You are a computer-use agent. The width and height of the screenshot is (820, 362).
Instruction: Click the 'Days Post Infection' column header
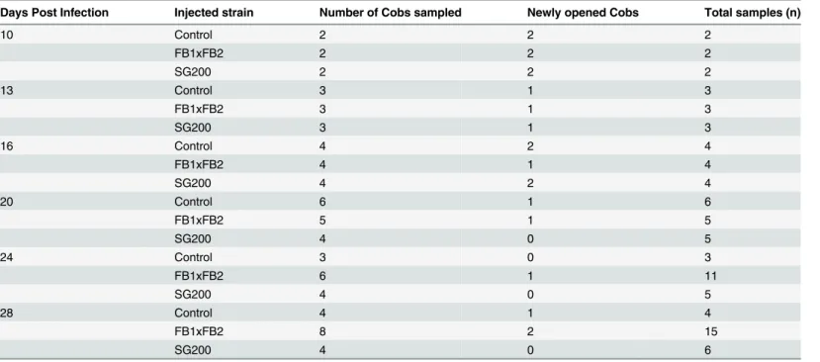[54, 13]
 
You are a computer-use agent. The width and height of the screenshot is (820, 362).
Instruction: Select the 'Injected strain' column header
[214, 13]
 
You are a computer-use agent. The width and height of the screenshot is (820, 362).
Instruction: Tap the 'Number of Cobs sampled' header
[391, 13]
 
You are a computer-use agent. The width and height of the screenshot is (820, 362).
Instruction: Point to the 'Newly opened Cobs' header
[583, 13]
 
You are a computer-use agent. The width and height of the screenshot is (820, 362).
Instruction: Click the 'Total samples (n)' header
[753, 13]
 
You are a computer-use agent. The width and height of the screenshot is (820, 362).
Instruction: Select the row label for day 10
[6, 35]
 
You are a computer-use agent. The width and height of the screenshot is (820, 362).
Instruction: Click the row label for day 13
[6, 91]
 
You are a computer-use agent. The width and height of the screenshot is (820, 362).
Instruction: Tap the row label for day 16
[6, 146]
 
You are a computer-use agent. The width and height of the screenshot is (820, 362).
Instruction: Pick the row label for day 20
[6, 202]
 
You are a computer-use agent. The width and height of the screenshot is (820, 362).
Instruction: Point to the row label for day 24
[6, 257]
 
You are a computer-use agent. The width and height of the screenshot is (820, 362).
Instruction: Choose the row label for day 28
[6, 313]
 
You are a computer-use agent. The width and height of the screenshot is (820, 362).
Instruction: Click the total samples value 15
[711, 331]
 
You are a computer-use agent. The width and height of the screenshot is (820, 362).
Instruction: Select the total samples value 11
[711, 276]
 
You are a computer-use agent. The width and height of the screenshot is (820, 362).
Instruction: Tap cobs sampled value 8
[322, 331]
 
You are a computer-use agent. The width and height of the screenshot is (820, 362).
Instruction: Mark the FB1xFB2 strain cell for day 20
[199, 221]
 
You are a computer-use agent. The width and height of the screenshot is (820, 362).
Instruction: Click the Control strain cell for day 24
[194, 257]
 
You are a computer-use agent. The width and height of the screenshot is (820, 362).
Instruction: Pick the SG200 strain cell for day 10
[193, 72]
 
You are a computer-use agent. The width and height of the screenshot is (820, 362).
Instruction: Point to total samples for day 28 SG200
[707, 350]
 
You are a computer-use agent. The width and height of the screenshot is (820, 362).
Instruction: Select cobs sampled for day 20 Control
[322, 202]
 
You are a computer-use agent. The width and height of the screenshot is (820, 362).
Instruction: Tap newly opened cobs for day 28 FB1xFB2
[531, 331]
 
